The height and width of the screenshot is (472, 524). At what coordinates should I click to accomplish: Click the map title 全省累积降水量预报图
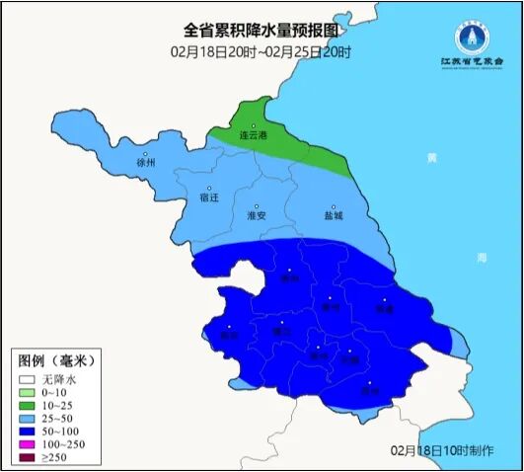click(x=262, y=32)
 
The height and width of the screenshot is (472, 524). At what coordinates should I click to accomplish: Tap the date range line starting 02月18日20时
click(x=262, y=51)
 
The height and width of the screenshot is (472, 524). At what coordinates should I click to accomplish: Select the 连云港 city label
click(x=254, y=136)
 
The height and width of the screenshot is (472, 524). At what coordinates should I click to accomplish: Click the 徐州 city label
click(x=145, y=164)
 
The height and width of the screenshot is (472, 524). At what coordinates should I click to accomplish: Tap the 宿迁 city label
click(x=208, y=195)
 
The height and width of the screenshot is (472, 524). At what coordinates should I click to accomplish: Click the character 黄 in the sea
click(x=430, y=158)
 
